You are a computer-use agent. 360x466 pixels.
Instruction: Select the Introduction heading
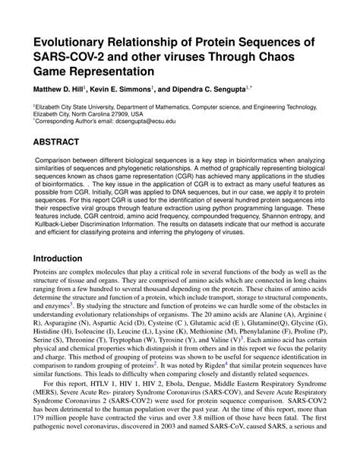[x=65, y=258]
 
